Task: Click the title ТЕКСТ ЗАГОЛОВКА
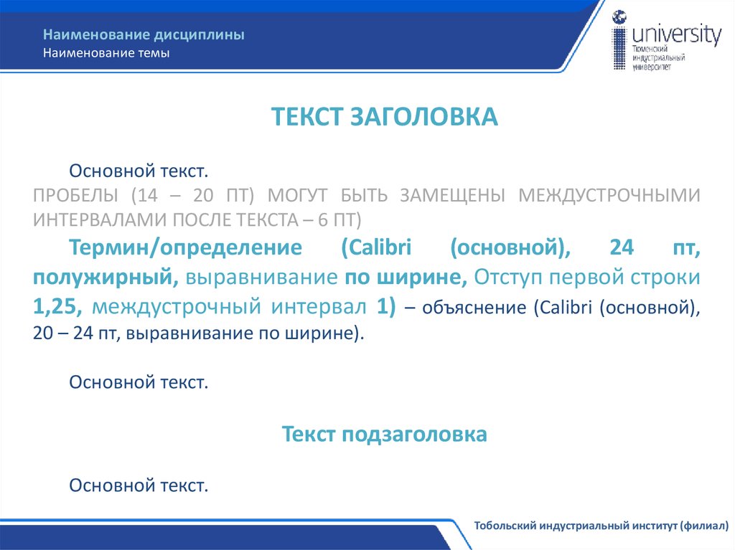[x=384, y=117]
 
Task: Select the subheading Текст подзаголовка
[x=384, y=434]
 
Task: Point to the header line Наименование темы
[x=106, y=53]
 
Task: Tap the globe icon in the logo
[x=619, y=17]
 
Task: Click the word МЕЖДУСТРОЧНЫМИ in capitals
[x=609, y=195]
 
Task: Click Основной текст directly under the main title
[x=139, y=171]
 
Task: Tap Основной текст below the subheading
[x=139, y=485]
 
